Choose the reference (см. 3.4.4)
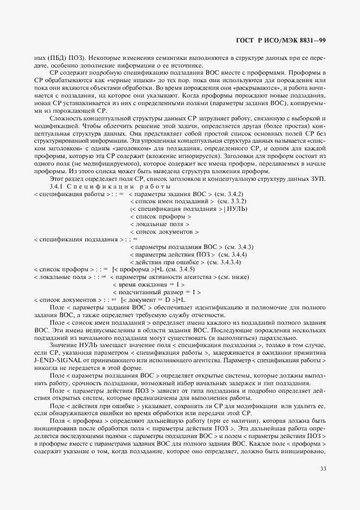pos(233,254)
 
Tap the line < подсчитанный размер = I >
pos(155,292)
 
